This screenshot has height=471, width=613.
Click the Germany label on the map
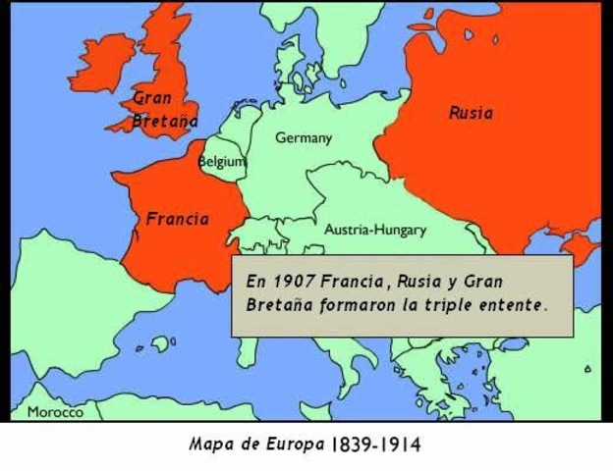[303, 138]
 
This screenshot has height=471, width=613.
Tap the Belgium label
[222, 161]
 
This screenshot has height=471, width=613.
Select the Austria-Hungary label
[375, 230]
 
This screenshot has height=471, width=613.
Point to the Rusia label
[471, 113]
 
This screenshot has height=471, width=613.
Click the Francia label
[178, 219]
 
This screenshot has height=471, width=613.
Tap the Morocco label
[55, 412]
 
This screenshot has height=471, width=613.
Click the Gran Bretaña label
[164, 110]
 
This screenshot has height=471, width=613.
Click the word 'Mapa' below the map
[210, 445]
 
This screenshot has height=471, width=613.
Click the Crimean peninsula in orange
[580, 245]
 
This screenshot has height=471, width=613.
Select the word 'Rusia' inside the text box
[418, 282]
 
